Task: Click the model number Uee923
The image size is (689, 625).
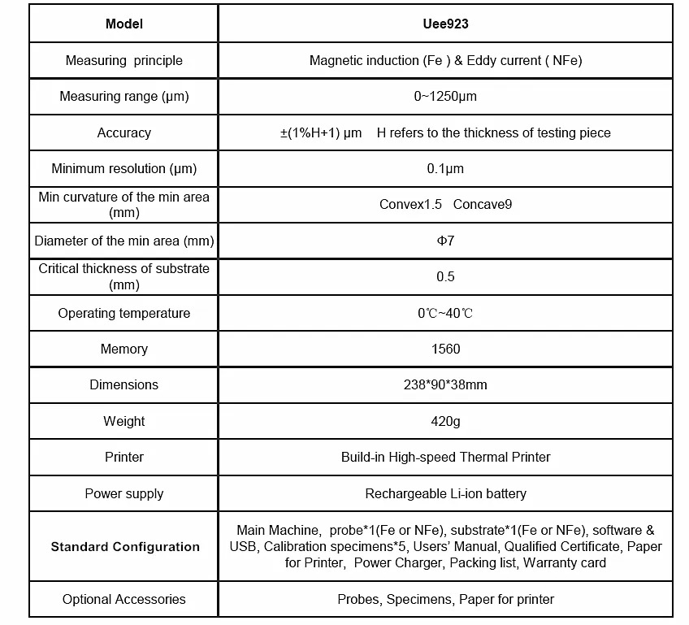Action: [445, 24]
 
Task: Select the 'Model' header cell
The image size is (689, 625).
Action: [124, 24]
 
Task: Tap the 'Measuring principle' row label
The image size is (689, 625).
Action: [124, 61]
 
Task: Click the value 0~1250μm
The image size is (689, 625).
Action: [445, 97]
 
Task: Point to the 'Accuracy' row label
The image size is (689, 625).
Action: [124, 132]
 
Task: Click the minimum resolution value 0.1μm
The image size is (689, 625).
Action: [445, 169]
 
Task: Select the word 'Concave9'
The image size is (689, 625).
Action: [483, 205]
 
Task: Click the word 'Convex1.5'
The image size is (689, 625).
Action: [410, 205]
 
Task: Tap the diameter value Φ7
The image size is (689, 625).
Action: [445, 241]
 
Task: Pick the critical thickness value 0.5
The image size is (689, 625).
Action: [445, 277]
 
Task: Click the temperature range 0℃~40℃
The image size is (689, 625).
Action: [445, 314]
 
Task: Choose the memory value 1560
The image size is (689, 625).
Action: [445, 349]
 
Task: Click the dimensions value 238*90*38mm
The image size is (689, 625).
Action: [445, 385]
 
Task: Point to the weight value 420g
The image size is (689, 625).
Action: [445, 422]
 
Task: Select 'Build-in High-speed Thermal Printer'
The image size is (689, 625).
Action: [445, 458]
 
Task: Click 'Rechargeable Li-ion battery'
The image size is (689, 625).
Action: [445, 494]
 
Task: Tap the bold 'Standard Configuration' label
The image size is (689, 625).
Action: [125, 547]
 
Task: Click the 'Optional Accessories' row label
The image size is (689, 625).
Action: [124, 600]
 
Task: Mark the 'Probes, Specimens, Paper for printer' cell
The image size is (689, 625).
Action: [445, 600]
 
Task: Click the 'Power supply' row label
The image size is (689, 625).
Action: [124, 494]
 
